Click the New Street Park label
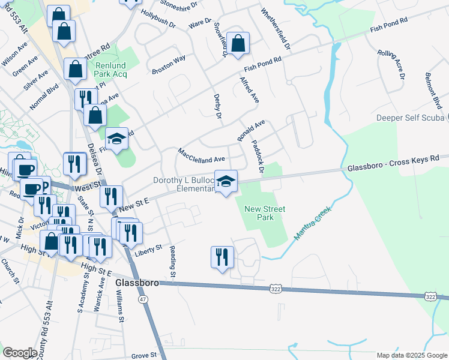click(265, 213)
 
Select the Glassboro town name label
click(136, 282)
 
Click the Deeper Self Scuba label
click(409, 118)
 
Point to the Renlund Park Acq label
click(111, 70)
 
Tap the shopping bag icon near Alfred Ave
click(238, 44)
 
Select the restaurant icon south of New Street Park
click(222, 257)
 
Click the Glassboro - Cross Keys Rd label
click(393, 162)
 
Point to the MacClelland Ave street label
click(200, 155)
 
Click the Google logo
click(20, 353)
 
